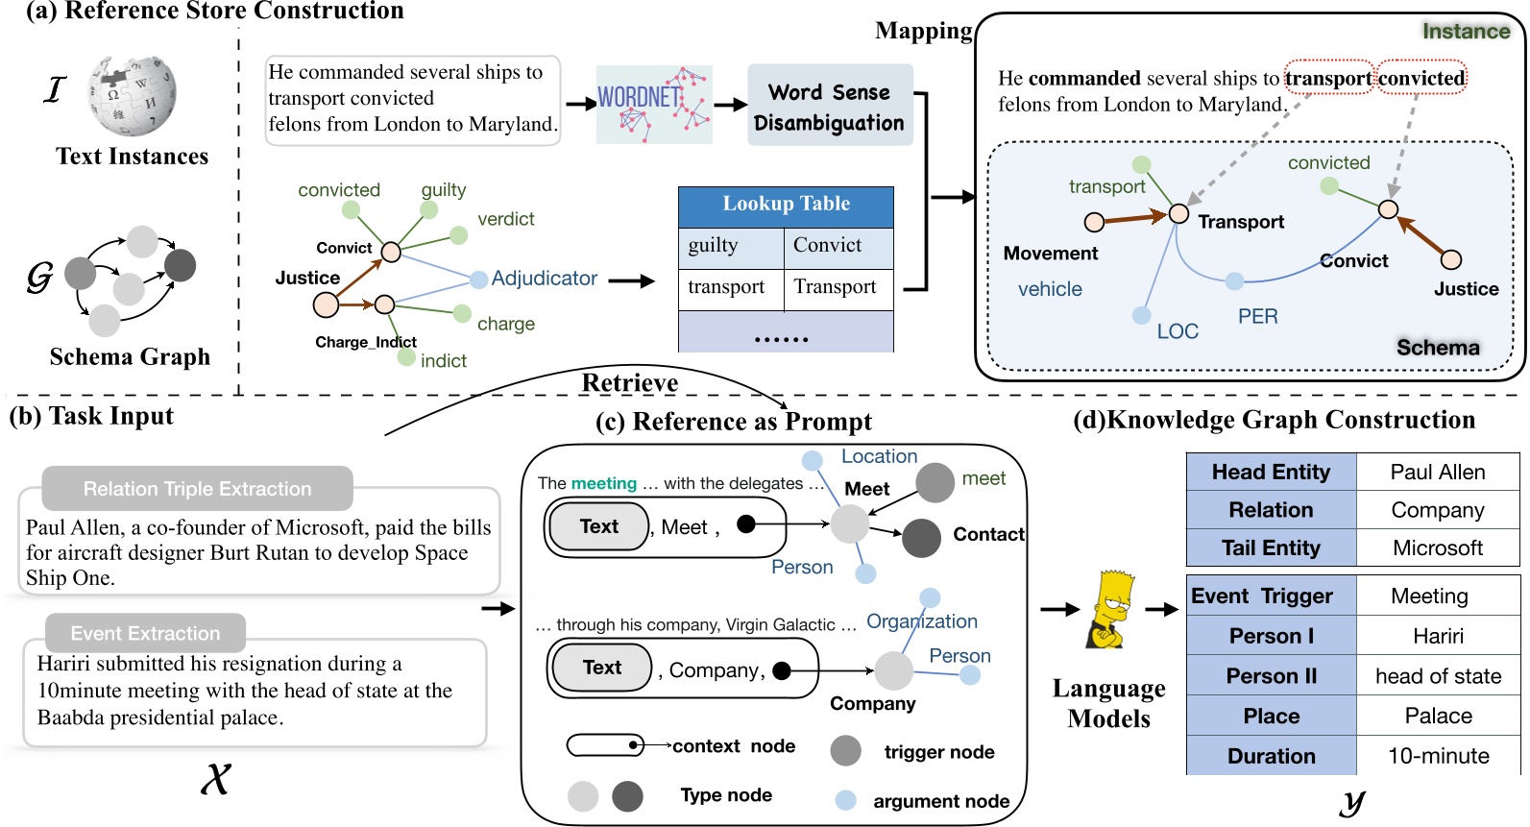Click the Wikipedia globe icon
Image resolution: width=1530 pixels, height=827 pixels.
click(133, 94)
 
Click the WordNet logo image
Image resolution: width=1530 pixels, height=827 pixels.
click(653, 105)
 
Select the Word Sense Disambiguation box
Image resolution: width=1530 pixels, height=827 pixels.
click(829, 106)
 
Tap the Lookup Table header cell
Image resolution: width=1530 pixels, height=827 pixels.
click(786, 205)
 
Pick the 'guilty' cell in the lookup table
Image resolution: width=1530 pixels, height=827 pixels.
click(730, 247)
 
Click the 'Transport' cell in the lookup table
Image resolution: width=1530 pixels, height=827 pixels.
click(838, 288)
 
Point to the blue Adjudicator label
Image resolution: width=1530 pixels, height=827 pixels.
click(544, 279)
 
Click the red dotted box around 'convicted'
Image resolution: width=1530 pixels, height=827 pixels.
click(1421, 78)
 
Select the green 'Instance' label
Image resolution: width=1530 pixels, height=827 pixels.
click(1466, 32)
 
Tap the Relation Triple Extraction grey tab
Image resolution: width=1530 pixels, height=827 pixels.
click(198, 489)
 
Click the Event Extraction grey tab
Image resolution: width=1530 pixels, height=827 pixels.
click(146, 634)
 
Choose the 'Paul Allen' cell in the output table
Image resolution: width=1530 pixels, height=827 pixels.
click(1437, 473)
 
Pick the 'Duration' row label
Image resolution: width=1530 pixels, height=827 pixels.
click(1271, 756)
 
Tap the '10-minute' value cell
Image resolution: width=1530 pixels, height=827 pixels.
click(1438, 756)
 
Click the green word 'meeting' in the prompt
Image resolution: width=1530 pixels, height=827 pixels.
click(603, 484)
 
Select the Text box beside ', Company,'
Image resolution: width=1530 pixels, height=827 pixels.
click(601, 669)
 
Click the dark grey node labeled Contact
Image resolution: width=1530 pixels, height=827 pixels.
click(921, 538)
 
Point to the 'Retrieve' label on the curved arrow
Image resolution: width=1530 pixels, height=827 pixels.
click(629, 383)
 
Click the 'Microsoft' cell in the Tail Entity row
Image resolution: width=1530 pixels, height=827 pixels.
click(1437, 548)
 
